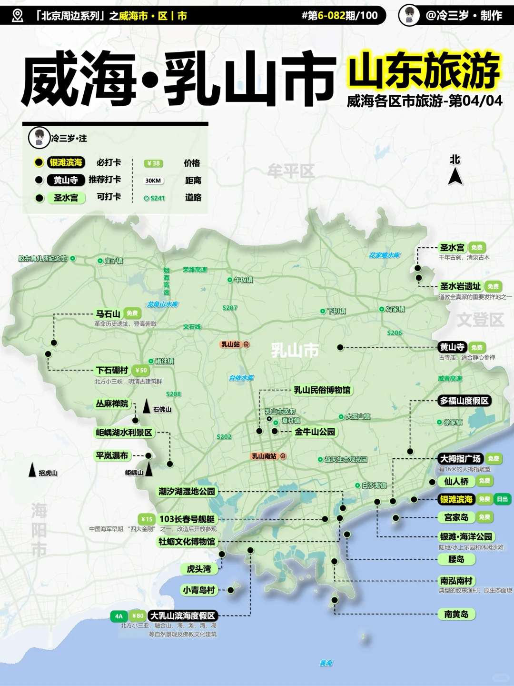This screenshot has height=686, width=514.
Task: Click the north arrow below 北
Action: pyautogui.click(x=455, y=177)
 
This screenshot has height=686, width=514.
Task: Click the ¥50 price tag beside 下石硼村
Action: pyautogui.click(x=141, y=370)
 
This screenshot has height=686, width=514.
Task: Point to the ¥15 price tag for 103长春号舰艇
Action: pyautogui.click(x=147, y=519)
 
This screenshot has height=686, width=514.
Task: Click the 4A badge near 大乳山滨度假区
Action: pyautogui.click(x=119, y=616)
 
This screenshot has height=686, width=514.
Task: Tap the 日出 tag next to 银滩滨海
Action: pyautogui.click(x=502, y=499)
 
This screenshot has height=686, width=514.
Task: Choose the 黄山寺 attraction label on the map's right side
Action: pyautogui.click(x=452, y=347)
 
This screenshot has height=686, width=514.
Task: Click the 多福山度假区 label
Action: pyautogui.click(x=464, y=401)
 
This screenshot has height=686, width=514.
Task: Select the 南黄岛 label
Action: pyautogui.click(x=456, y=615)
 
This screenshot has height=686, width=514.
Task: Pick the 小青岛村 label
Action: pyautogui.click(x=199, y=590)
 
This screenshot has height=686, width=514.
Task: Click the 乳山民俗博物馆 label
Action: pyautogui.click(x=322, y=390)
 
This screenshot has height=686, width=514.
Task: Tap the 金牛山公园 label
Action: pyautogui.click(x=315, y=432)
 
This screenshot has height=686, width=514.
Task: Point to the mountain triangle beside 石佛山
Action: pyautogui.click(x=147, y=407)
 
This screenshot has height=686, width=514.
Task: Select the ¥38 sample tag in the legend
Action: pyautogui.click(x=153, y=163)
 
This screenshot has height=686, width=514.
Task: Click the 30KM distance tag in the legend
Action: pyautogui.click(x=153, y=181)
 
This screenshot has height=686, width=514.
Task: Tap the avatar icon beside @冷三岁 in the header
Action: pyautogui.click(x=409, y=15)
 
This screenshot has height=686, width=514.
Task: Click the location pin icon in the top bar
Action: pyautogui.click(x=18, y=16)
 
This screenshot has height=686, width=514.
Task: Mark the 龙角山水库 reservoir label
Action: pyautogui.click(x=162, y=304)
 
